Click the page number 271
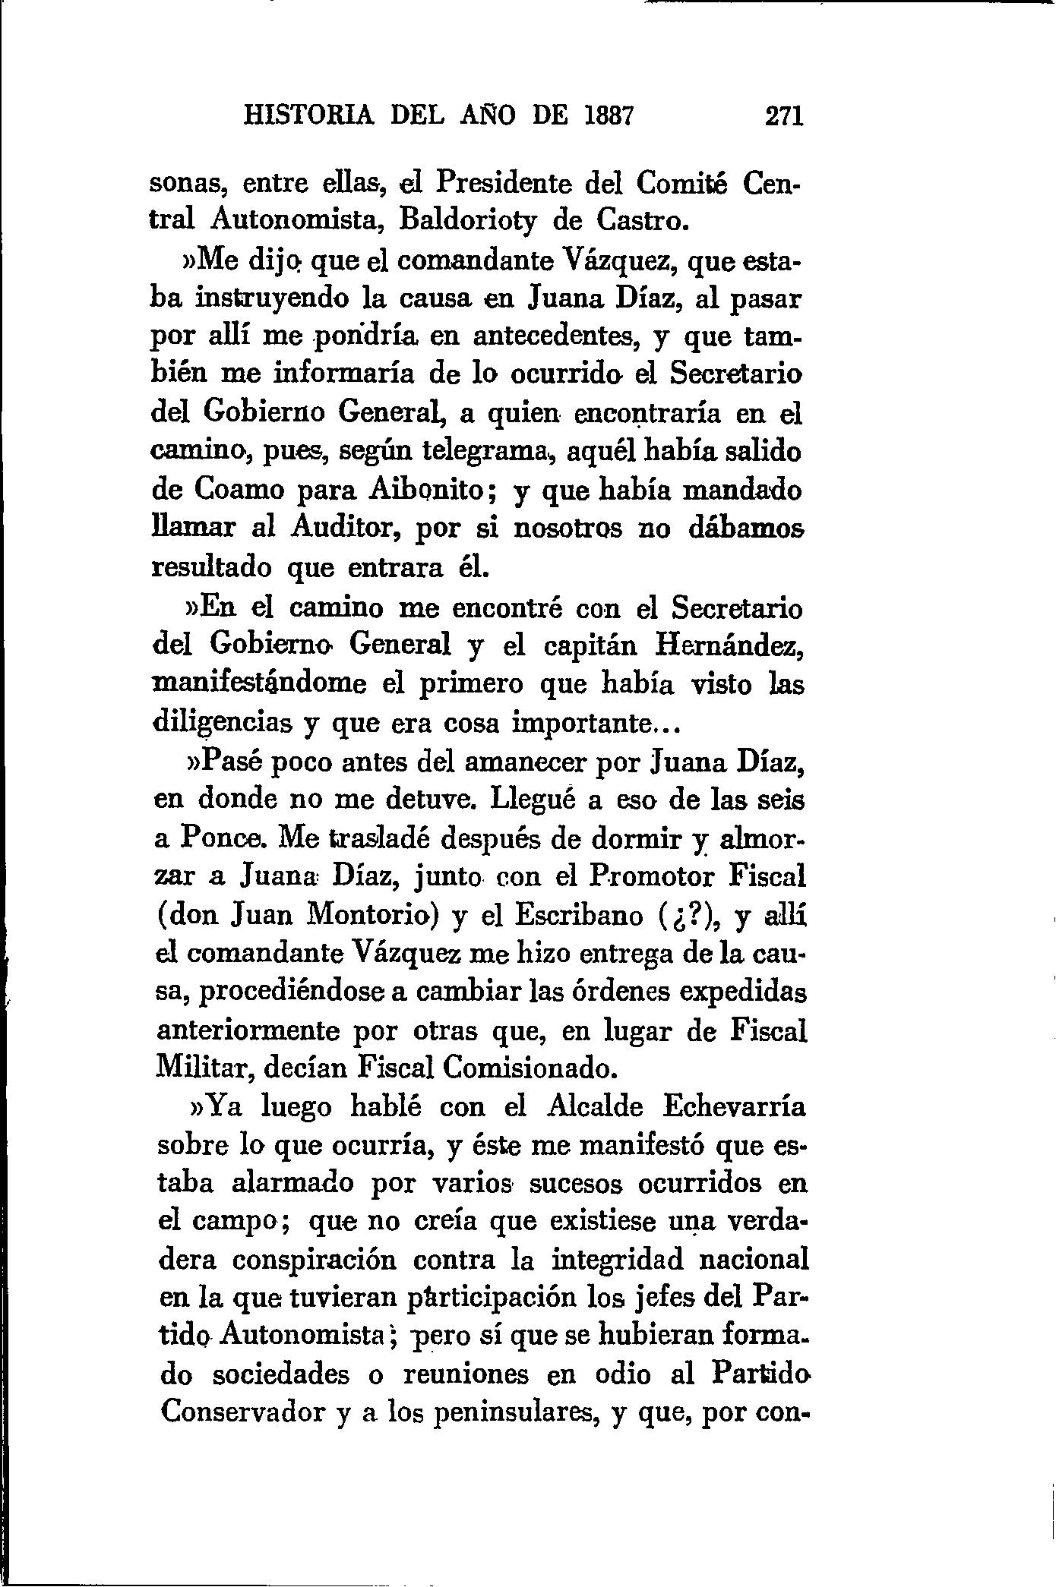783,116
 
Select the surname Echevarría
734,1107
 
